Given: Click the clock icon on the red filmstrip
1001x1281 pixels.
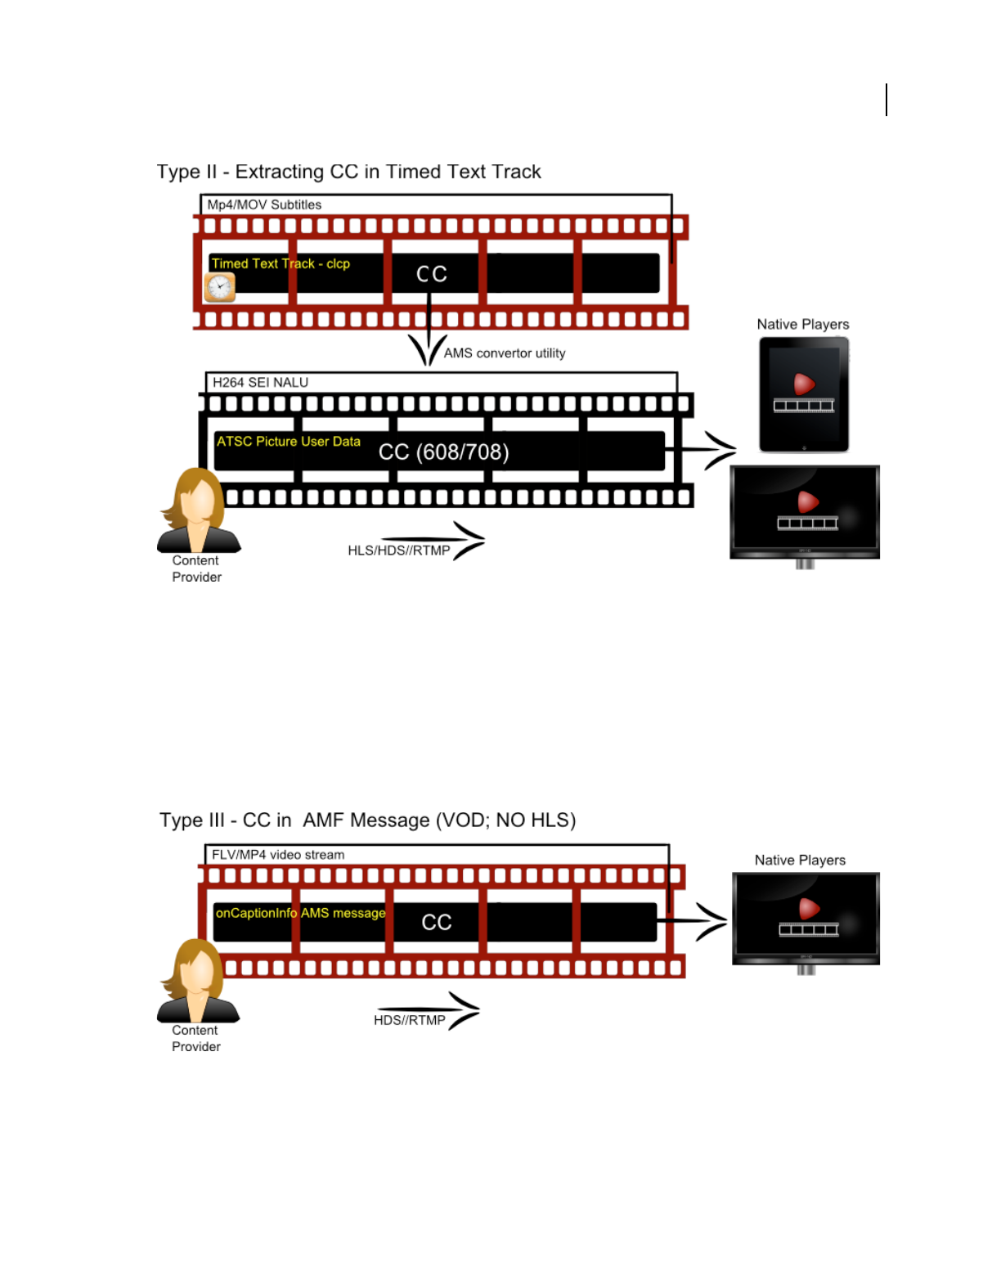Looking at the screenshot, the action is [220, 287].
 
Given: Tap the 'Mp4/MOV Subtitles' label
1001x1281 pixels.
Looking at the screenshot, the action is [264, 205].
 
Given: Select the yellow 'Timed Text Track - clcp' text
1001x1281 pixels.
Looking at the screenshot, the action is [281, 263].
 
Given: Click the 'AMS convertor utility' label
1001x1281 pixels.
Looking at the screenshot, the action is [505, 353].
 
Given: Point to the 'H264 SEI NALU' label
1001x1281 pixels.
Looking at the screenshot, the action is [260, 382].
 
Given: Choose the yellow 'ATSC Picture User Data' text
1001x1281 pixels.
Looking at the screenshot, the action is [288, 442].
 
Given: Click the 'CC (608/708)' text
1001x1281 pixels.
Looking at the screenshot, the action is [443, 452].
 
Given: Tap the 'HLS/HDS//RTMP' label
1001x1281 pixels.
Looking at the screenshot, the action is [399, 551].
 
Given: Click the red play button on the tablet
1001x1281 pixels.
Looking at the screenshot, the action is [804, 383].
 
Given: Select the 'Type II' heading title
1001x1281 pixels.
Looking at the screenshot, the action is [348, 172].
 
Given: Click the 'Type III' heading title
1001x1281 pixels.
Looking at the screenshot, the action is [367, 820].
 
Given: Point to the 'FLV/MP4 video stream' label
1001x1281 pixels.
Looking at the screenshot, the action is [278, 855].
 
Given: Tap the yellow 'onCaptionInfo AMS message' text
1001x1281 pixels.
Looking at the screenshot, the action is [300, 913].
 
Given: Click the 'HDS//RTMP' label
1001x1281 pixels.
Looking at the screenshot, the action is [410, 1020].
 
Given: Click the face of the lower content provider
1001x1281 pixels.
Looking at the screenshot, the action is [199, 972].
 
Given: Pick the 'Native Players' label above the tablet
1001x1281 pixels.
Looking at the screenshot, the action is [803, 325].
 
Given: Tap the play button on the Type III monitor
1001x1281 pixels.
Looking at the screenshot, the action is [809, 907].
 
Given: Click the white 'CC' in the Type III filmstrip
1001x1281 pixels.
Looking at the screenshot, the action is [437, 923].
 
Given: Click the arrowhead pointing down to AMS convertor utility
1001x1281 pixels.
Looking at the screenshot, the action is [428, 352].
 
